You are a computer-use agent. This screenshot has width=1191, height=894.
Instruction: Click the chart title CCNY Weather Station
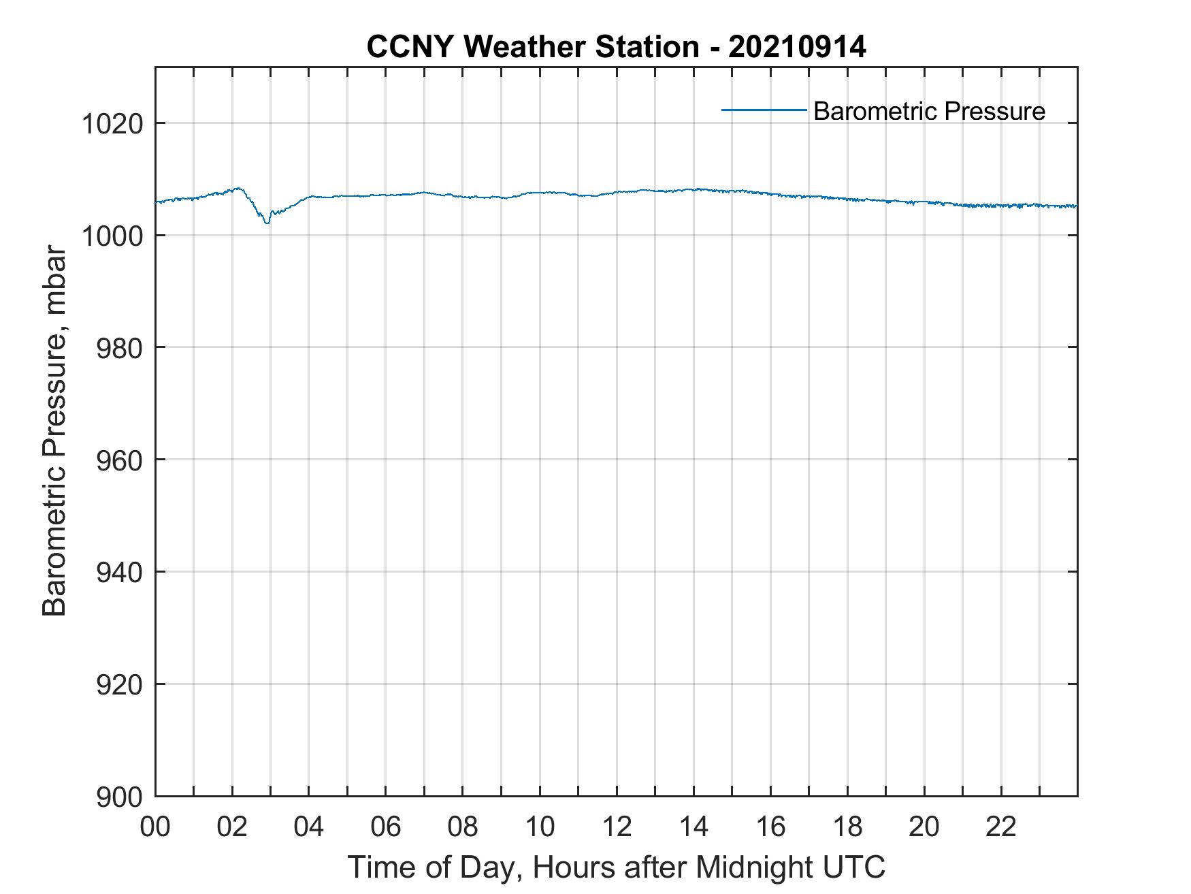point(532,47)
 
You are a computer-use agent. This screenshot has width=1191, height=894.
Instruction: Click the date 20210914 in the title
point(797,47)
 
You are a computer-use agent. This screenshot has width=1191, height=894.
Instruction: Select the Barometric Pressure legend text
point(929,111)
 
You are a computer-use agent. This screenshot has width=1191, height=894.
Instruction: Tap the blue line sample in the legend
point(764,110)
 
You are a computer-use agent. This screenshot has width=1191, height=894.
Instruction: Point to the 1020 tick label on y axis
point(112,125)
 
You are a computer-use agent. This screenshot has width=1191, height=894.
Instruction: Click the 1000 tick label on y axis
point(112,236)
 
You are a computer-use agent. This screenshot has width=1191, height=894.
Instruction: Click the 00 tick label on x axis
point(155,827)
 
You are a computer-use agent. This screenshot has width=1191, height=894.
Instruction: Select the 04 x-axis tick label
point(309,827)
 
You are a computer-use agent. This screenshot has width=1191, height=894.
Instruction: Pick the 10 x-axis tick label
point(540,827)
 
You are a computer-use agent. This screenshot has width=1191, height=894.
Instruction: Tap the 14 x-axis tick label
point(694,827)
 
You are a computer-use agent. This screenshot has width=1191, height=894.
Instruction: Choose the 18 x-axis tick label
point(847,827)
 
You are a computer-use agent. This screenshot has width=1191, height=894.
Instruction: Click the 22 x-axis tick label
point(1001,827)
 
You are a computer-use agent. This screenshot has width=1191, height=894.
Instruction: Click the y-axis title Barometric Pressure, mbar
point(54,432)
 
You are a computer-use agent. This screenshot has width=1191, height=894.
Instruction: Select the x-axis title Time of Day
point(616,867)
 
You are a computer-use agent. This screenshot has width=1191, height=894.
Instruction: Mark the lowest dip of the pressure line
point(267,223)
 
